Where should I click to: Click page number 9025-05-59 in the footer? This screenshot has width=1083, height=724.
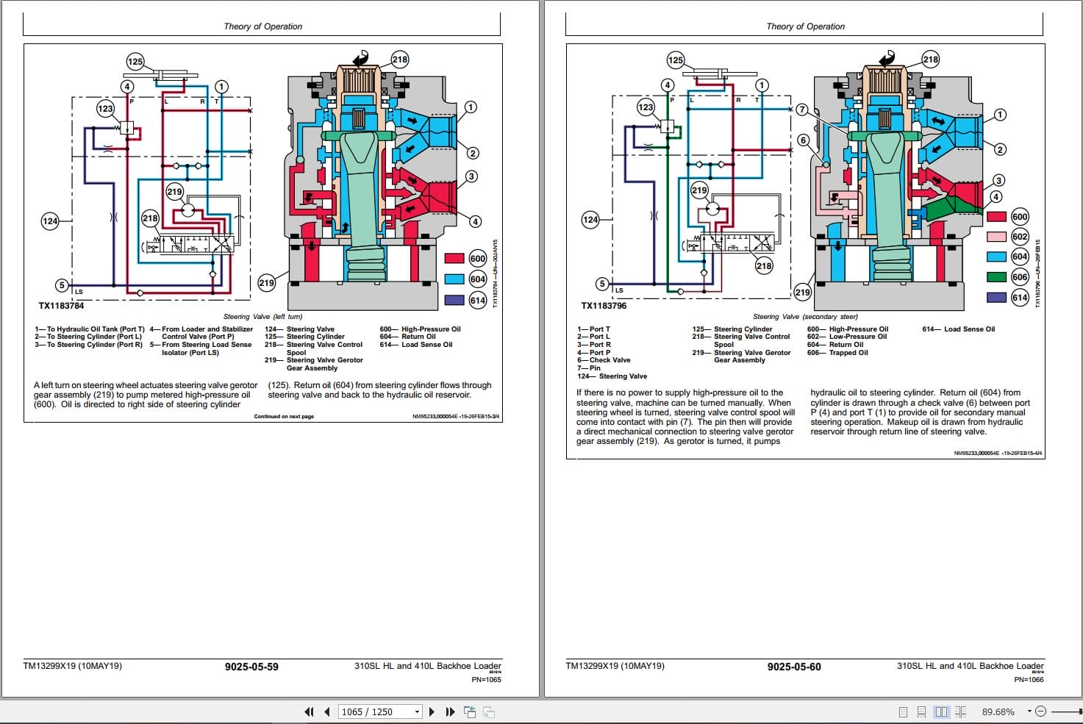pyautogui.click(x=251, y=667)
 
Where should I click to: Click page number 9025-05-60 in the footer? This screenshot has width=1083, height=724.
pyautogui.click(x=794, y=667)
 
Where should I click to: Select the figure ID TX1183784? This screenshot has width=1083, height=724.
pyautogui.click(x=61, y=306)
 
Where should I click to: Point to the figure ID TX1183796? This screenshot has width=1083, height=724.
pyautogui.click(x=604, y=306)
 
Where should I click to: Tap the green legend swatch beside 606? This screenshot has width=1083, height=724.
pyautogui.click(x=996, y=277)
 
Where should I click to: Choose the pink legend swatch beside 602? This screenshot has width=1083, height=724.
pyautogui.click(x=996, y=237)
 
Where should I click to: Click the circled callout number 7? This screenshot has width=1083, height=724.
pyautogui.click(x=802, y=110)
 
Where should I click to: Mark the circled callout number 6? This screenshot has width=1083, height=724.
pyautogui.click(x=803, y=140)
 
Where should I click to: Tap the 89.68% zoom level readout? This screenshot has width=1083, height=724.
pyautogui.click(x=998, y=712)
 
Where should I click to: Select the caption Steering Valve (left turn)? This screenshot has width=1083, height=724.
pyautogui.click(x=262, y=317)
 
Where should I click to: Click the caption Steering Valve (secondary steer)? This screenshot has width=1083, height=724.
pyautogui.click(x=805, y=317)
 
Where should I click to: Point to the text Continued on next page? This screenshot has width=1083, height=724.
pyautogui.click(x=284, y=417)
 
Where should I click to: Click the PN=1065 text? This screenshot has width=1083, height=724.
pyautogui.click(x=486, y=679)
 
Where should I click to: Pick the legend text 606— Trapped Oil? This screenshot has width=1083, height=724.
pyautogui.click(x=837, y=353)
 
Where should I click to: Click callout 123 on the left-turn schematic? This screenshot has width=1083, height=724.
pyautogui.click(x=106, y=109)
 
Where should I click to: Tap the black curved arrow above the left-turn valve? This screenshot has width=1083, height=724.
pyautogui.click(x=362, y=59)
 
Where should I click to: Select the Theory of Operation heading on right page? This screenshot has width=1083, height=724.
pyautogui.click(x=805, y=26)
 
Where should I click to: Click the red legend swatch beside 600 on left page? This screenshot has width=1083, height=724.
pyautogui.click(x=454, y=258)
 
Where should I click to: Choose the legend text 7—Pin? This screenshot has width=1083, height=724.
pyautogui.click(x=589, y=368)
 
